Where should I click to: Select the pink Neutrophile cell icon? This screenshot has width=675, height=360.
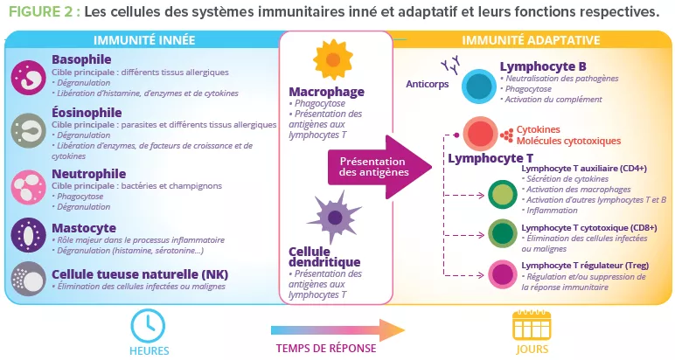pos(26,184)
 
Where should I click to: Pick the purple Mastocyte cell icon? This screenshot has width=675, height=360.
pos(26,235)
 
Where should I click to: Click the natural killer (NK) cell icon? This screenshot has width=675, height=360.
pos(26,277)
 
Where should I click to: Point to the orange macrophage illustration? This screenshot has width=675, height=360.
pos(331,60)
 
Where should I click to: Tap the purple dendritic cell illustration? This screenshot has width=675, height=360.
pos(332,217)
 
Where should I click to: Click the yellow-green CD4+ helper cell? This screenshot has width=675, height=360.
pos(502,195)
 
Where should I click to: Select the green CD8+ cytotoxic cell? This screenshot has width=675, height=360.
pos(502,233)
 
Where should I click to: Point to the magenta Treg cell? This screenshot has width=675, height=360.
pos(502,273)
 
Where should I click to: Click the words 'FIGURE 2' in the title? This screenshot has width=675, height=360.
pos(41,12)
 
